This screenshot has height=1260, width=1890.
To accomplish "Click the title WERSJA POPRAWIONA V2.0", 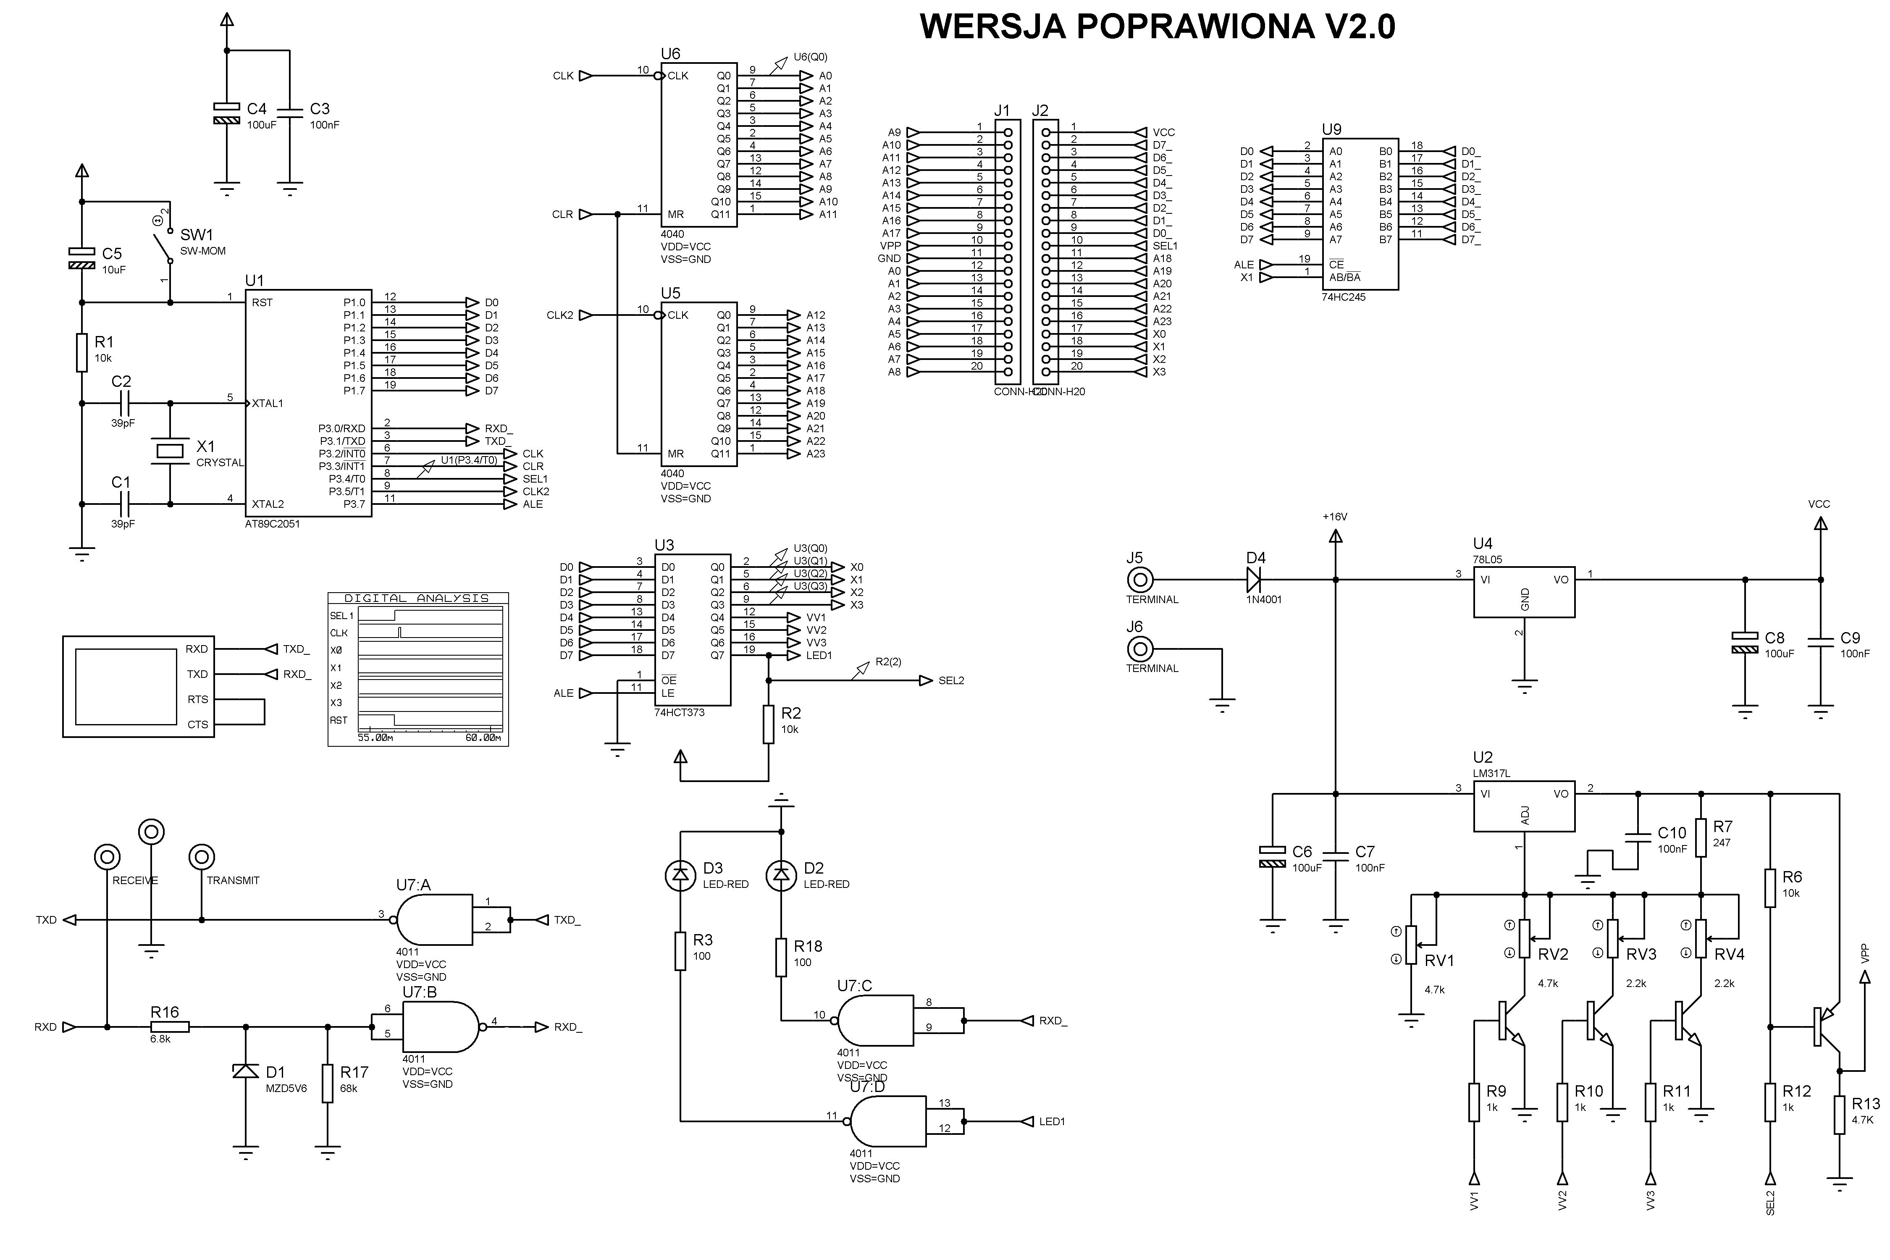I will pyautogui.click(x=1157, y=26).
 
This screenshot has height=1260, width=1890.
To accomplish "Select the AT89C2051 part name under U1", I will pyautogui.click(x=273, y=524).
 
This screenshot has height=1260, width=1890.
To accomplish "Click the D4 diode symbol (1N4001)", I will pyautogui.click(x=1254, y=579).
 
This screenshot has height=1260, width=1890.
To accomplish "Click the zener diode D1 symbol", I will pyautogui.click(x=246, y=1071).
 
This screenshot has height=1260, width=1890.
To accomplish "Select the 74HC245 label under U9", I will pyautogui.click(x=1344, y=297).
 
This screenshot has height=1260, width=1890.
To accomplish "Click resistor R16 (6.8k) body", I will pyautogui.click(x=170, y=1027).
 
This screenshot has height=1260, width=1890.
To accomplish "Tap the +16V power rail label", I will pyautogui.click(x=1335, y=517).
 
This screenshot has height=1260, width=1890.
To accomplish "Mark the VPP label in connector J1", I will pyautogui.click(x=890, y=246).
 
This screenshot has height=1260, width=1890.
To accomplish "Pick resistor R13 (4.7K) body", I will pyautogui.click(x=1839, y=1116).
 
